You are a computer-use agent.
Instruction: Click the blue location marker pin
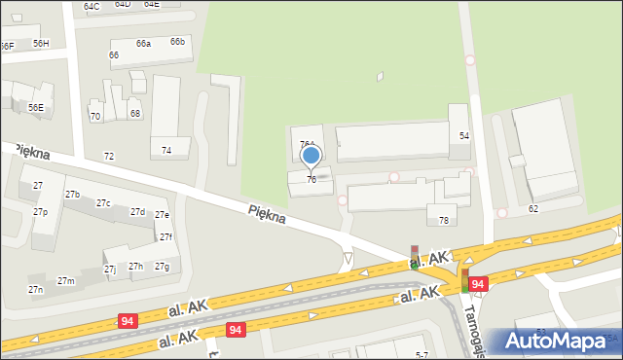coord(311,156)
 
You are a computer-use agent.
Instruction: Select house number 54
coord(464,135)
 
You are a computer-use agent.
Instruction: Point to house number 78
coord(444,221)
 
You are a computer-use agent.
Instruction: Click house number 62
coord(532,208)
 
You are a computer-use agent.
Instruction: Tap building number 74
coord(166,150)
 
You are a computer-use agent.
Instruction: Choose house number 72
coord(109,156)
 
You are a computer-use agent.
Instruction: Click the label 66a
coord(143,43)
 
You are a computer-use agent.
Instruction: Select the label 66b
coord(177,41)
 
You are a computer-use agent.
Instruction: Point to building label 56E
coord(35,107)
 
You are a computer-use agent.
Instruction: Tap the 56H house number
coord(41,43)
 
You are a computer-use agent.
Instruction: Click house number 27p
coord(40,211)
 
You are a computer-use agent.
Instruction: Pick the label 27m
coord(65,280)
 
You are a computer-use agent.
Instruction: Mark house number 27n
coord(36,289)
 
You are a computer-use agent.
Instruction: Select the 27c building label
coord(103,202)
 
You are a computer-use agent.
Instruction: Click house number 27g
coord(162,266)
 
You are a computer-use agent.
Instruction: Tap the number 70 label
coord(95,116)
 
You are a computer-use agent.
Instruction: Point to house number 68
coord(135,113)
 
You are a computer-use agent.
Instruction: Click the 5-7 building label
coord(421,354)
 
